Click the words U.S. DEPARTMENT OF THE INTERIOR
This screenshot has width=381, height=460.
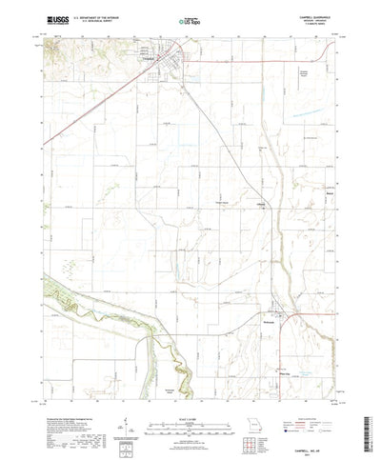105,14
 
